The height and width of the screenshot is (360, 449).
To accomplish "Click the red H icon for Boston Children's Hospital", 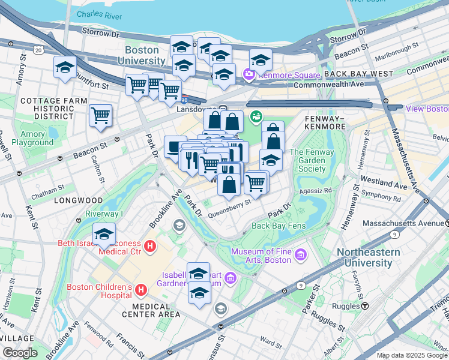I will [x=141, y=290].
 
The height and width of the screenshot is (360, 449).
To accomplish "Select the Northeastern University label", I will [x=368, y=257].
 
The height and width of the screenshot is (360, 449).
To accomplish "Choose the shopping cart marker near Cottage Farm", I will [x=100, y=115].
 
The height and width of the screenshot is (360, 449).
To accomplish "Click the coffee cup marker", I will [x=175, y=147].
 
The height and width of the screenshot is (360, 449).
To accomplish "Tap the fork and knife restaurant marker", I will [x=191, y=160].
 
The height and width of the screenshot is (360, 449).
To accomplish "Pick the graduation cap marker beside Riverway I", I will [x=104, y=234].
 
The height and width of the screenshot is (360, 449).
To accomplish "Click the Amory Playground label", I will [x=28, y=139].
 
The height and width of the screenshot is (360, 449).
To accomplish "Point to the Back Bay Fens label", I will [x=279, y=226].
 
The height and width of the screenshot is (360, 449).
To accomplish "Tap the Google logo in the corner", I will [x=20, y=353].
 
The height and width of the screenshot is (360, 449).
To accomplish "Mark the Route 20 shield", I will [x=39, y=50].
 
